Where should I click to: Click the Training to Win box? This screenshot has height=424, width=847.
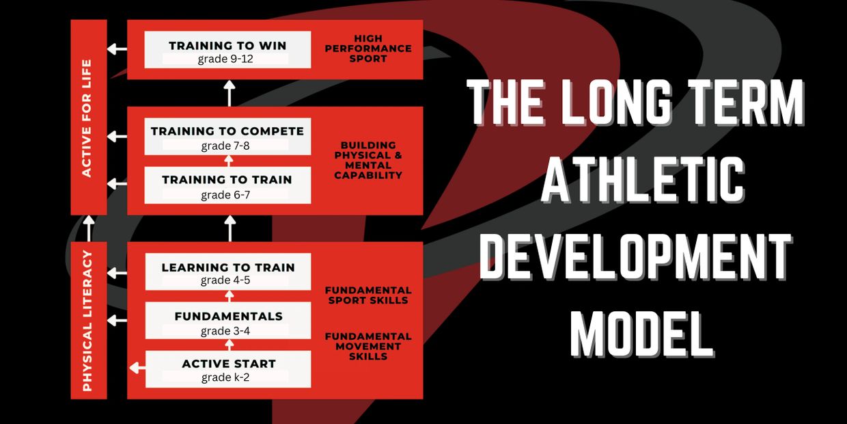tap(227, 50)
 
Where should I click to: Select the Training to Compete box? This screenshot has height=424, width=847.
tap(227, 136)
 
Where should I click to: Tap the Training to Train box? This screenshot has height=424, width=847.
tap(227, 185)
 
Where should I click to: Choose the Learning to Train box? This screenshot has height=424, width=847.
tap(228, 271)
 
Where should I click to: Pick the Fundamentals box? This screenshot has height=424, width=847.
tap(228, 320)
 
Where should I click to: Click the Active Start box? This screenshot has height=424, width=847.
tap(228, 369)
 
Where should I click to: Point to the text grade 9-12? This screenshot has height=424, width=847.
tap(225, 59)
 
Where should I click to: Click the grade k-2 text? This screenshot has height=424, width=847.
tap(225, 377)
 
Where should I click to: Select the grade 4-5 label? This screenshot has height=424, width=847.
tap(225, 280)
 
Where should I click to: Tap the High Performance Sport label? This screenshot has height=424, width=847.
tap(368, 49)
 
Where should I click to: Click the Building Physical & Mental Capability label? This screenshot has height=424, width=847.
tap(368, 161)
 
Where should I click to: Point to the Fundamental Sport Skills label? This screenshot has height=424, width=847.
tap(368, 295)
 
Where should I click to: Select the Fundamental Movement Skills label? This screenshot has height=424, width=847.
tap(368, 347)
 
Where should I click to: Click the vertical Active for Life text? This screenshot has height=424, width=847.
tap(87, 118)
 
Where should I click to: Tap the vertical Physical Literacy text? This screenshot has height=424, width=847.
tap(87, 321)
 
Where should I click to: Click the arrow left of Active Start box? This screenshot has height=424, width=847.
tap(137, 368)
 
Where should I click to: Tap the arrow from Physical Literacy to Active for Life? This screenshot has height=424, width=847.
tap(89, 228)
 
